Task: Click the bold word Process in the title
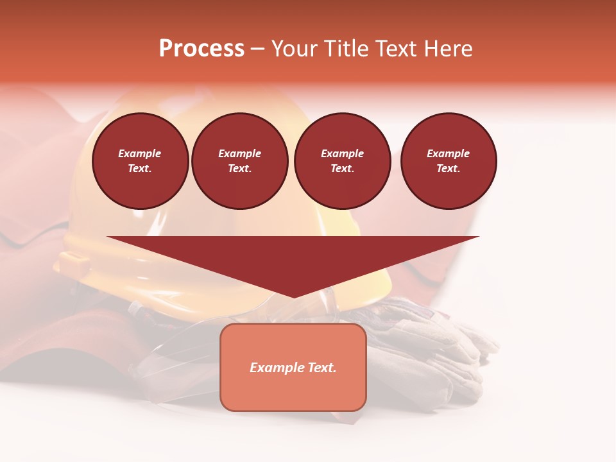(x=201, y=49)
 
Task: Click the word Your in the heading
(x=296, y=49)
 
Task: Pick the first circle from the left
(x=140, y=161)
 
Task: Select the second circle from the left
(x=240, y=161)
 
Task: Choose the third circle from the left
(x=342, y=161)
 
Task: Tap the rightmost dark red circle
(x=449, y=161)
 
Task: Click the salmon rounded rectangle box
(x=293, y=391)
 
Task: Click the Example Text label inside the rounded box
(x=293, y=368)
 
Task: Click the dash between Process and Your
(x=257, y=49)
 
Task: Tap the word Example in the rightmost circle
(x=449, y=153)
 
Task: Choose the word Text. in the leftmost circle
(x=140, y=169)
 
